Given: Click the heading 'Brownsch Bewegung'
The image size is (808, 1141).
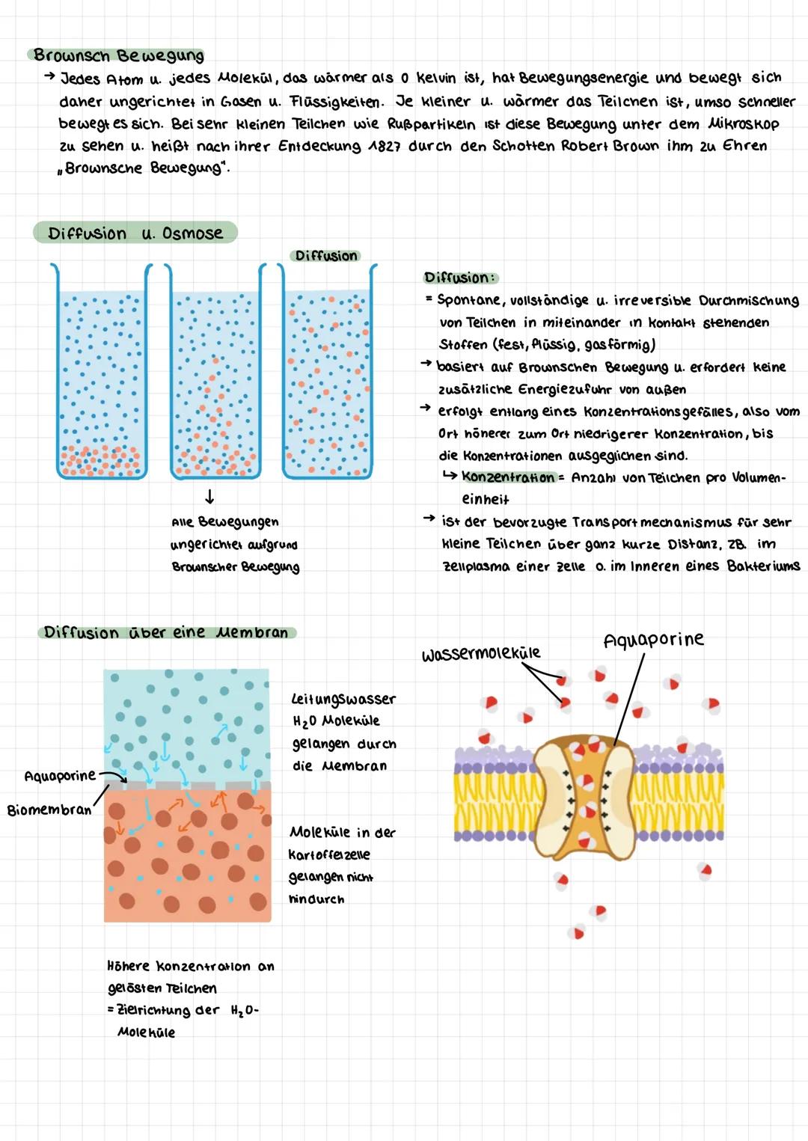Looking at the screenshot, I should click(118, 55).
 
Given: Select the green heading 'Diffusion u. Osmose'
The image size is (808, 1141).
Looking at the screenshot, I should click(135, 233).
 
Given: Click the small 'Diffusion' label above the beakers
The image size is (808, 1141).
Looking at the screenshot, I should click(325, 256).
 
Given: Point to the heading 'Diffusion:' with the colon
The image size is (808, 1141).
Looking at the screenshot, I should click(459, 278).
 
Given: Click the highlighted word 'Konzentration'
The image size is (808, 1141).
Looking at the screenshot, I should click(508, 477).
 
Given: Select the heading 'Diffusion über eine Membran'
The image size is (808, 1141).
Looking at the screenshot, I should click(165, 632).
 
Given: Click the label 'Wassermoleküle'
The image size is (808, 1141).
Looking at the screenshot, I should click(480, 654).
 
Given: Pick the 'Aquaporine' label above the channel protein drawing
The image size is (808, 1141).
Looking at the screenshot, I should click(653, 640).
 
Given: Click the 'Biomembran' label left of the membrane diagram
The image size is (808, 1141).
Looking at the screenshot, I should click(49, 810).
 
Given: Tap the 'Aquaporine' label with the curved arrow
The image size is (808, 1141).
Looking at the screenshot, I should click(60, 776).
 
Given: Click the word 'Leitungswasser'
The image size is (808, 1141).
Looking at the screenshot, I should click(343, 699).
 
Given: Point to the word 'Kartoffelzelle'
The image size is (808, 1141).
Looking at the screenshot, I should click(329, 854).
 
